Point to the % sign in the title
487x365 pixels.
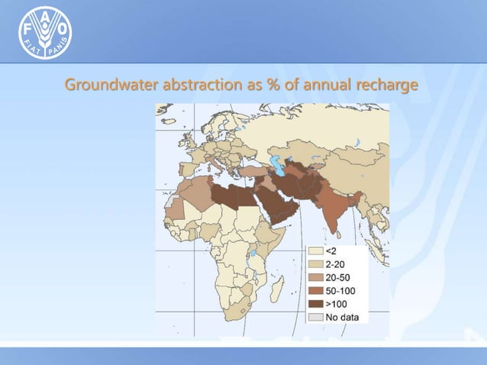[271, 84]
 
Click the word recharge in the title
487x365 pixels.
[389, 84]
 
